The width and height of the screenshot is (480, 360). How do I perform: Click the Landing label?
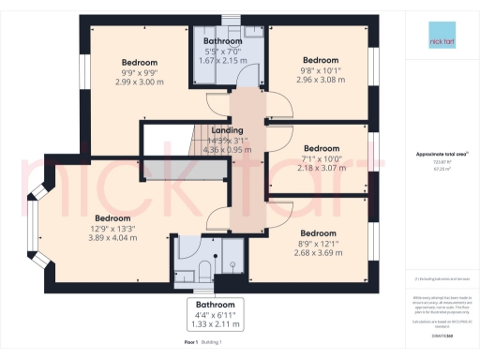(x=228, y=130)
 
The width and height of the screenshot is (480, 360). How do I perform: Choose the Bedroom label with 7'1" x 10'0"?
(x=321, y=147)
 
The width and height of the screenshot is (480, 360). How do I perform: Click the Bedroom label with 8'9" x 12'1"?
(x=318, y=232)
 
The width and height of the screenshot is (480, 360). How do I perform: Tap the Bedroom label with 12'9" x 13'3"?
(x=112, y=217)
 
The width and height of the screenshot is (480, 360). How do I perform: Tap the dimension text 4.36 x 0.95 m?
(x=228, y=149)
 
